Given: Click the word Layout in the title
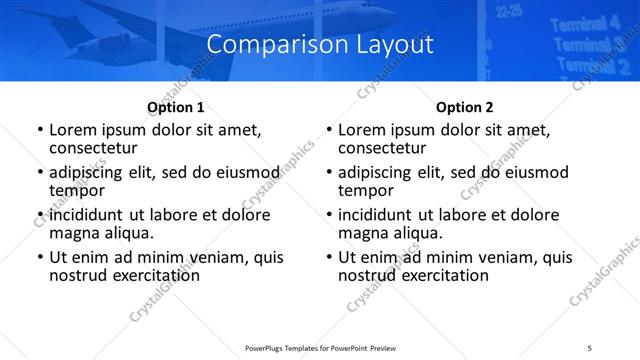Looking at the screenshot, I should click(x=386, y=44).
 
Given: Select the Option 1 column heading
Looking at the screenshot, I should click(x=175, y=107).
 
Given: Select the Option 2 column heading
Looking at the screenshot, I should click(x=464, y=107).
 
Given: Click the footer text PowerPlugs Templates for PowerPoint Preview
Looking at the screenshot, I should click(x=319, y=347).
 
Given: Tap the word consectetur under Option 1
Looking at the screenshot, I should click(x=92, y=148).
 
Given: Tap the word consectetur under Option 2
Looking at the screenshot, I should click(x=381, y=148).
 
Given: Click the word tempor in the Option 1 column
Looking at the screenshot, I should click(x=76, y=190).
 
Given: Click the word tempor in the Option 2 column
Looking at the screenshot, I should click(x=365, y=190).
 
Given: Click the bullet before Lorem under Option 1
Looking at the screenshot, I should click(x=39, y=131).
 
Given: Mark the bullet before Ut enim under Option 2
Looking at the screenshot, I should click(x=328, y=257).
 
